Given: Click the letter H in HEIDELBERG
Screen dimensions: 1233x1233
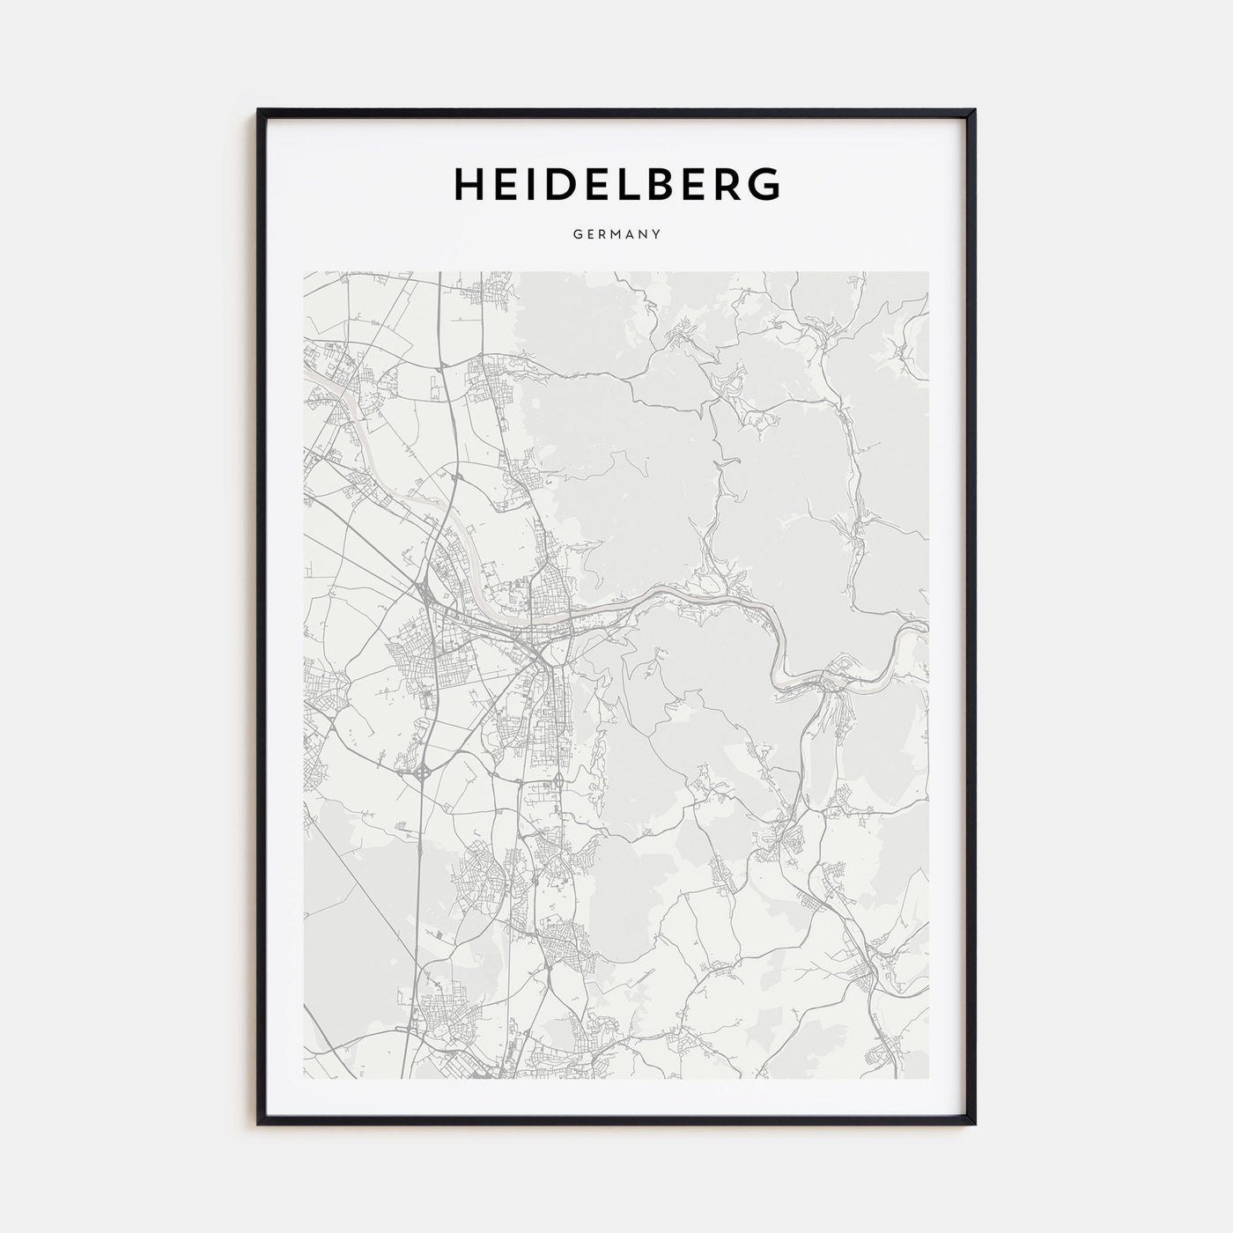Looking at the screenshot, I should pyautogui.click(x=469, y=183).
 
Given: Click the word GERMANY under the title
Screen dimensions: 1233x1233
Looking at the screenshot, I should pyautogui.click(x=616, y=235).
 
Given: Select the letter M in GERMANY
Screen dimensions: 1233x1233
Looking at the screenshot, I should pyautogui.click(x=616, y=235).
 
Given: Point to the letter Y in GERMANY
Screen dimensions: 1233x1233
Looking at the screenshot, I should pyautogui.click(x=657, y=235).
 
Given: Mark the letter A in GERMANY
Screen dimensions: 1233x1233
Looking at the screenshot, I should pyautogui.click(x=630, y=235).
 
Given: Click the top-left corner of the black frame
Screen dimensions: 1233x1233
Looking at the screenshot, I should pyautogui.click(x=259, y=111).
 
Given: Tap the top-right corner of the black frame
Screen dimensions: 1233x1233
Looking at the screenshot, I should pyautogui.click(x=974, y=111).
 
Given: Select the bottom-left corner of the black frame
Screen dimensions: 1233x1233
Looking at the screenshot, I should pyautogui.click(x=259, y=1123).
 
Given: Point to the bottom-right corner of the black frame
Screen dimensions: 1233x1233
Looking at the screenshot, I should pyautogui.click(x=974, y=1123).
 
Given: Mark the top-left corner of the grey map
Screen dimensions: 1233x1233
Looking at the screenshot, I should pyautogui.click(x=305, y=272).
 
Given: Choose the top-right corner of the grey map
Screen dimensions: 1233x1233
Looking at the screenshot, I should pyautogui.click(x=928, y=272).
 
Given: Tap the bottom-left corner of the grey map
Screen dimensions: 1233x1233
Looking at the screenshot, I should pyautogui.click(x=305, y=1078).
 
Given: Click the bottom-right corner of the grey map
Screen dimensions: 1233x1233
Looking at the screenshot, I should pyautogui.click(x=928, y=1078).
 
